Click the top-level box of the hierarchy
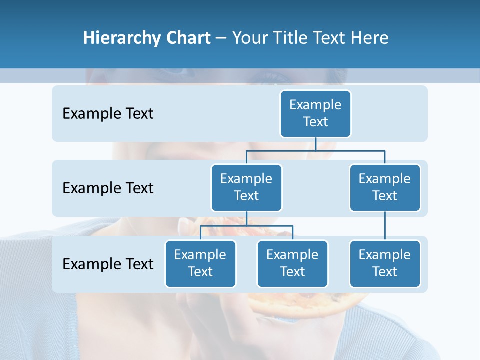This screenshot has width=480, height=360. pyautogui.click(x=315, y=113)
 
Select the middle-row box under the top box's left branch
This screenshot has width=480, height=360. pyautogui.click(x=246, y=187)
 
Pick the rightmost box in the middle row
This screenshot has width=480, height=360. pyautogui.click(x=385, y=187)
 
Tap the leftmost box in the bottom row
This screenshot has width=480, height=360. pyautogui.click(x=200, y=263)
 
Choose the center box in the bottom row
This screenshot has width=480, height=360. pyautogui.click(x=292, y=263)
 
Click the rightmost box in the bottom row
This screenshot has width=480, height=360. pyautogui.click(x=385, y=263)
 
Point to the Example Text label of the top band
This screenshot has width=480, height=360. pyautogui.click(x=108, y=114)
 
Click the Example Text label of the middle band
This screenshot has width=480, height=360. pyautogui.click(x=108, y=188)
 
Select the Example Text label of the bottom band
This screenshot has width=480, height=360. pyautogui.click(x=108, y=264)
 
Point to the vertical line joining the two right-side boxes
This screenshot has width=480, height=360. pyautogui.click(x=385, y=226)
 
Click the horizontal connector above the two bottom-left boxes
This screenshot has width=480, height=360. pyautogui.click(x=246, y=226)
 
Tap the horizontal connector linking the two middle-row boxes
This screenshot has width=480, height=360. pyautogui.click(x=315, y=150)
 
